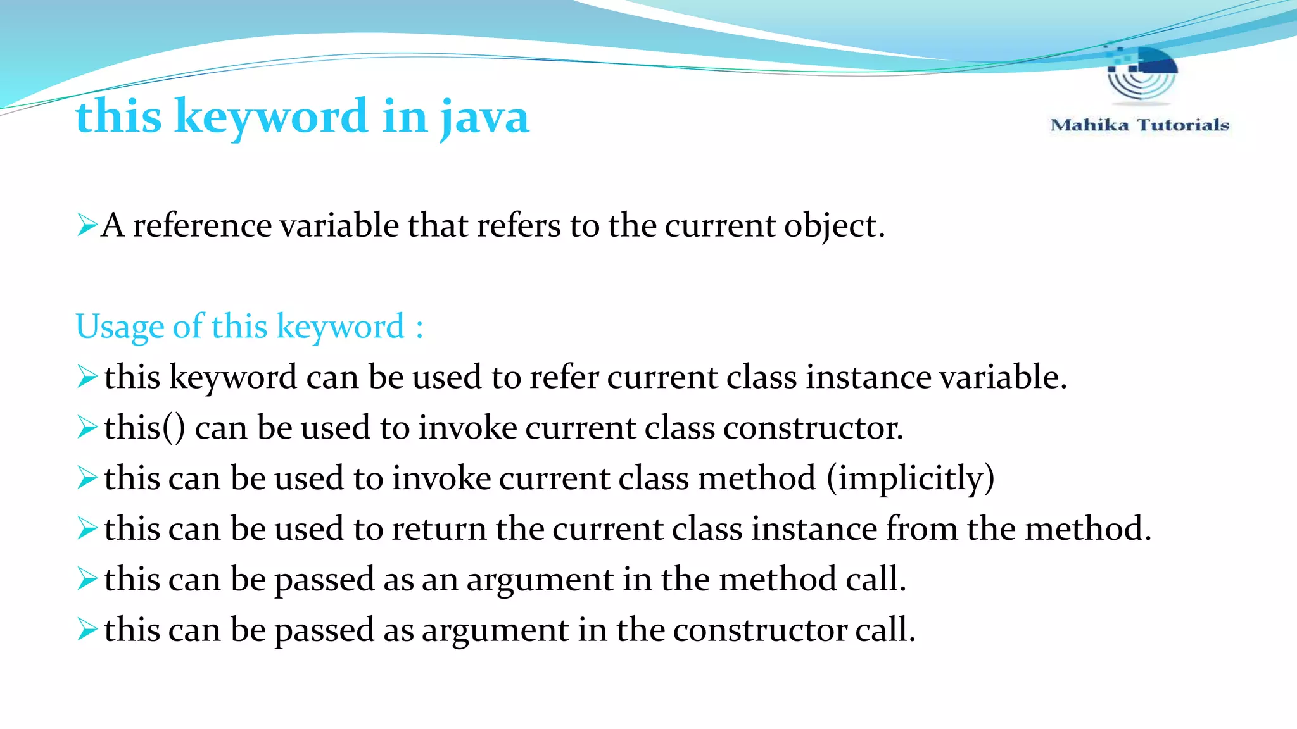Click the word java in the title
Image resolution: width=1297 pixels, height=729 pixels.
point(484,117)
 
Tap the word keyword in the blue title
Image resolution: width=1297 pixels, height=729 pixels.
point(271,117)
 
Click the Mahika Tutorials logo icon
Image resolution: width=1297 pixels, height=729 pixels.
point(1141,75)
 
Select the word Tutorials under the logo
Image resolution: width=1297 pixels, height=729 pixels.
point(1183,125)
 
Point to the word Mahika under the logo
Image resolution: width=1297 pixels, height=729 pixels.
point(1089,125)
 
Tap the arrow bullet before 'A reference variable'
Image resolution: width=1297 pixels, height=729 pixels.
point(87,225)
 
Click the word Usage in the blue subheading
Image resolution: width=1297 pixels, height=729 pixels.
point(120,327)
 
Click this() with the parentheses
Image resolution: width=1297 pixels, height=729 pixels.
point(145,428)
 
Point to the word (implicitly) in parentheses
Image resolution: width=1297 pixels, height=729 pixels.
point(910,478)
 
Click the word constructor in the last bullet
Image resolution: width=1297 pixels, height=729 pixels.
point(759,630)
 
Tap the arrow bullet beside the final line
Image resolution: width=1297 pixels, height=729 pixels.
point(87,629)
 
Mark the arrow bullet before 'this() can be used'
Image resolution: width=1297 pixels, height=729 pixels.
point(87,427)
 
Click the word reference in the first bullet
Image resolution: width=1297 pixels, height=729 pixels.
point(202,226)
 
